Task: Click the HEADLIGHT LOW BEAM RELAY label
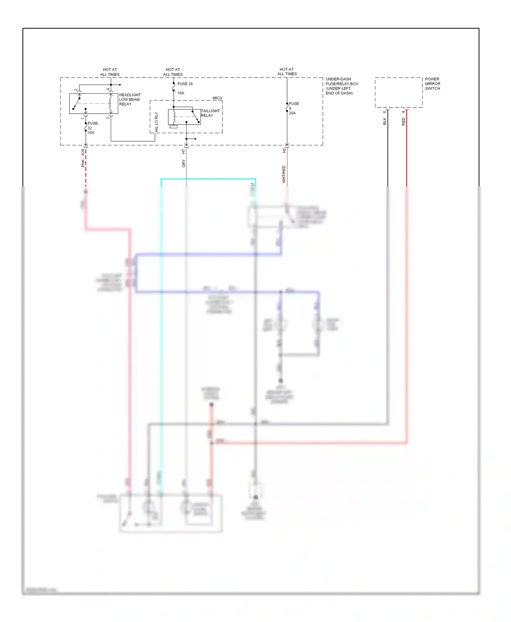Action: click(129, 99)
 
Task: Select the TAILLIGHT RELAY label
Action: click(210, 113)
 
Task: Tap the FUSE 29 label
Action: click(185, 84)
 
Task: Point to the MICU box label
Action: click(217, 98)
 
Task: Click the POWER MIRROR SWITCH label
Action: click(432, 84)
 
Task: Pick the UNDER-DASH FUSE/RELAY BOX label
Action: click(341, 86)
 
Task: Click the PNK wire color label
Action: click(83, 163)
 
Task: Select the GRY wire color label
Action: click(184, 164)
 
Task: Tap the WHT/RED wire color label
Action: click(284, 174)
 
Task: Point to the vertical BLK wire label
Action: click(385, 121)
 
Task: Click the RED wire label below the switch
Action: click(403, 122)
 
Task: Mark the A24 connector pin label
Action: click(83, 152)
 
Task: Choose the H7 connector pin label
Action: click(184, 151)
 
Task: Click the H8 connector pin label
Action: click(284, 150)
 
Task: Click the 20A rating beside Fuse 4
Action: click(292, 113)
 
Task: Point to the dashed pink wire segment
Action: click(86, 168)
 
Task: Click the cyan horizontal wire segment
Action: click(208, 179)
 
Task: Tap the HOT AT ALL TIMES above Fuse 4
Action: click(287, 71)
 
